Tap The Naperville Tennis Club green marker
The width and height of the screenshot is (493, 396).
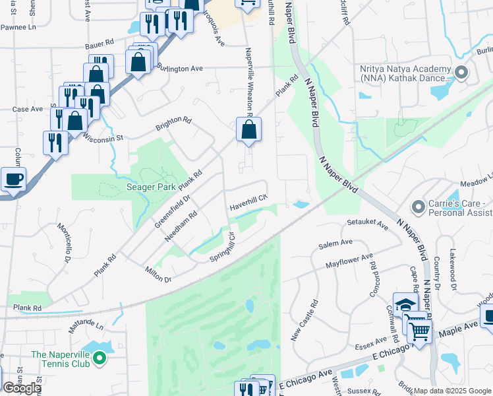(x=100, y=359)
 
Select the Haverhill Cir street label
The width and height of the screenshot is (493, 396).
(x=248, y=202)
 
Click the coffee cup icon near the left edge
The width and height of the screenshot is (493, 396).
(x=13, y=179)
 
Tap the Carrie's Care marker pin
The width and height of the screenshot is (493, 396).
(x=417, y=207)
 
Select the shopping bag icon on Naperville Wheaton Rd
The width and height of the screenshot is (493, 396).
(x=248, y=130)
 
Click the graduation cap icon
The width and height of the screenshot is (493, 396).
(x=406, y=305)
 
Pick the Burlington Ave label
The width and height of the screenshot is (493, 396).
(x=179, y=69)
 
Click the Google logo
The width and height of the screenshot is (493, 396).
(x=22, y=388)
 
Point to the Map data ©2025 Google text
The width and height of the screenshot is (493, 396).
(x=452, y=391)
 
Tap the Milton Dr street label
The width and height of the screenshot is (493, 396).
(x=158, y=273)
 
